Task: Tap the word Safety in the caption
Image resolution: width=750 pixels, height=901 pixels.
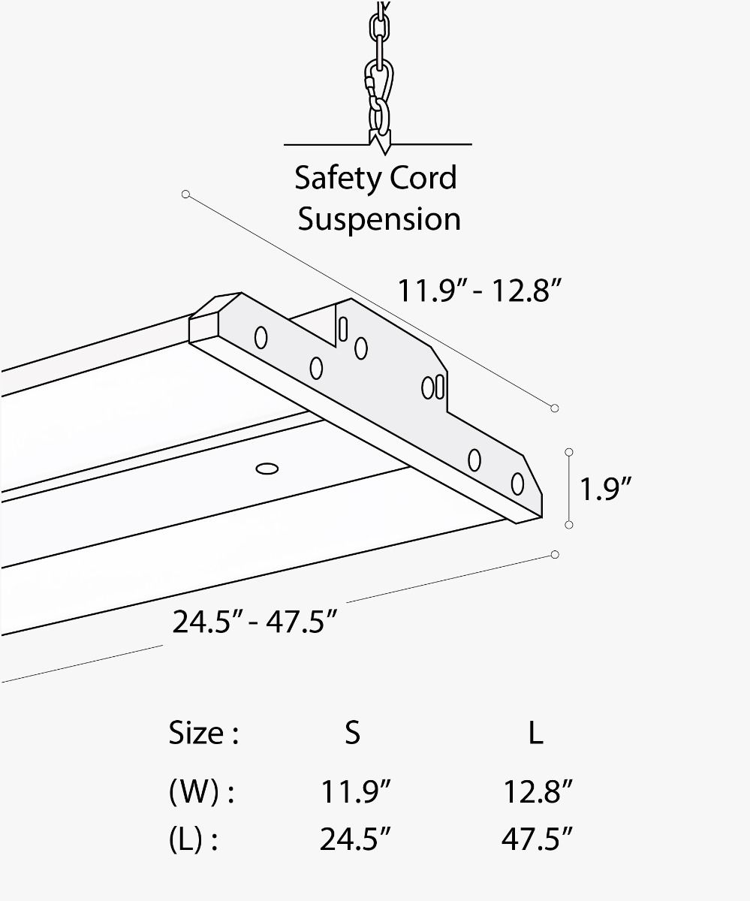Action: (335, 179)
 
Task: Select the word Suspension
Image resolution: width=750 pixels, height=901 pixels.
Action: (379, 219)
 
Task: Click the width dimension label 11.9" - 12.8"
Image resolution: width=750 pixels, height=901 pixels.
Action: (480, 290)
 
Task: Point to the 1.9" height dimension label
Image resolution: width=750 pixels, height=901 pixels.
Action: (605, 489)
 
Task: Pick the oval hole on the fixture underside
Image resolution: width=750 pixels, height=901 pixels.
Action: (267, 469)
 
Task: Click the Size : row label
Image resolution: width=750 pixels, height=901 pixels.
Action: (203, 733)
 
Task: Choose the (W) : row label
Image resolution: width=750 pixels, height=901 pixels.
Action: (201, 792)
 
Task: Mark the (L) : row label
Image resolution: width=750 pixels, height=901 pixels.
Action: (193, 840)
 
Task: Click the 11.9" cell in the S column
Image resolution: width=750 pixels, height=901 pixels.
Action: (356, 792)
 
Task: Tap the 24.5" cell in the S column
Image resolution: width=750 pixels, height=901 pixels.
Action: (356, 840)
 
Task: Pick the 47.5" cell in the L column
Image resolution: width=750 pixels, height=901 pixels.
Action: (538, 840)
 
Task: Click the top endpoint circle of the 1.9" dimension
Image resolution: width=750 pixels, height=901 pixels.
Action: (569, 452)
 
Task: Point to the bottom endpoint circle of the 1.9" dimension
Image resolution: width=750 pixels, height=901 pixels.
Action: (569, 524)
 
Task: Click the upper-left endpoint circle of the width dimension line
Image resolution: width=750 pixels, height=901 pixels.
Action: (185, 194)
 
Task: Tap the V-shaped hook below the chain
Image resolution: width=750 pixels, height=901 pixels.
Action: (379, 140)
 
